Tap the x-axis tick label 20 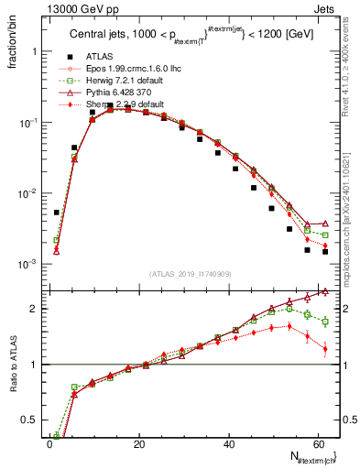click(x=138, y=442)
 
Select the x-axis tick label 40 click(x=228, y=442)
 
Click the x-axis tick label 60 click(x=317, y=442)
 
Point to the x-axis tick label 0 click(x=49, y=442)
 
